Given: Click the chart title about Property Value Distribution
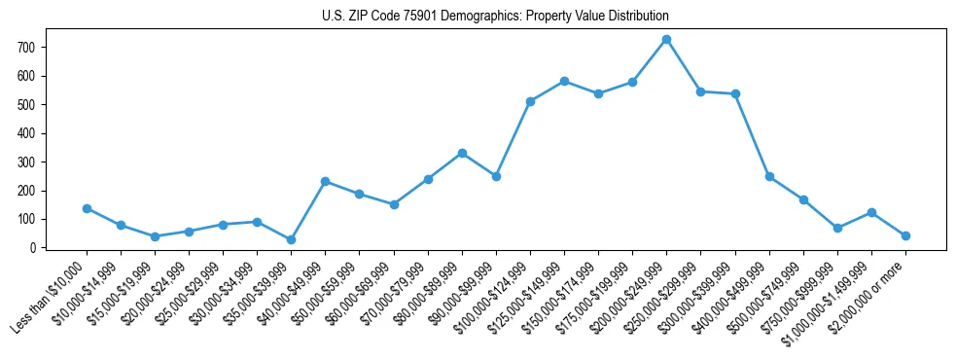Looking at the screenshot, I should coord(496,17).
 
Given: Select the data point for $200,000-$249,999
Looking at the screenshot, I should coord(666,40).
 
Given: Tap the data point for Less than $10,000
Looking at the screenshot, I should coord(87,208).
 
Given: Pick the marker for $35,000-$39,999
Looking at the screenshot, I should coord(291,239).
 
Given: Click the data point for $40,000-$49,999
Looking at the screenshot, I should coord(325,181).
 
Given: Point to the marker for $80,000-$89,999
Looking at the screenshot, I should coord(462,153).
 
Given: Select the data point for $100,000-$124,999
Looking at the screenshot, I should coord(530,101).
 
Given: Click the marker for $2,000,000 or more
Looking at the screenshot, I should coord(905,235).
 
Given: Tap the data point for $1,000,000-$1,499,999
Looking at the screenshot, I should coord(871,212).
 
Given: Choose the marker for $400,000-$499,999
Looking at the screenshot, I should coord(769,176).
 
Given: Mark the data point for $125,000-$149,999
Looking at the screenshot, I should coord(564,81).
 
